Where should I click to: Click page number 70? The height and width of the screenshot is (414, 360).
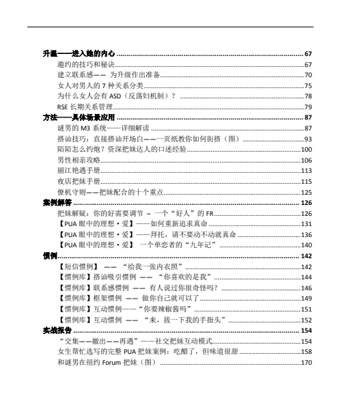tap(308, 75)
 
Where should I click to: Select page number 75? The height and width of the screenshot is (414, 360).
tap(308, 86)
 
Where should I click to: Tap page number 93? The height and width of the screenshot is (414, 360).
tap(308, 139)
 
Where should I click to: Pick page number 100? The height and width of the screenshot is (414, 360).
tap(307, 149)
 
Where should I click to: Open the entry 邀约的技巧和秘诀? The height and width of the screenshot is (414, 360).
tap(85, 64)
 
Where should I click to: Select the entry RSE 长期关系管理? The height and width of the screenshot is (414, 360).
tap(85, 107)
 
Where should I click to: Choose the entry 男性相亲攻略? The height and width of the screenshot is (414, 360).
tap(79, 160)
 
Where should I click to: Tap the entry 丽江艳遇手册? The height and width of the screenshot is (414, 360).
tap(79, 170)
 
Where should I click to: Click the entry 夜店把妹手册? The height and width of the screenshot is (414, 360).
tap(79, 181)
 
